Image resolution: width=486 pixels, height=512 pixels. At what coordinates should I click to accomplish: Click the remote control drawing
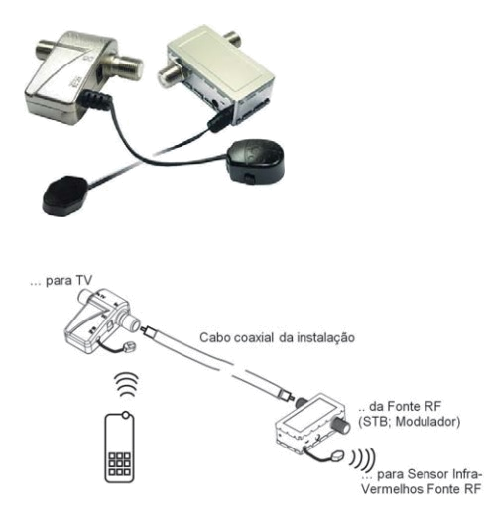[x=119, y=447]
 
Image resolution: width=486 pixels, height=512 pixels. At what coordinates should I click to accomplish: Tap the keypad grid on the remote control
[x=119, y=463]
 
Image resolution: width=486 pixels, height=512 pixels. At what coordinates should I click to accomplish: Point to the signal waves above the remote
[x=127, y=385]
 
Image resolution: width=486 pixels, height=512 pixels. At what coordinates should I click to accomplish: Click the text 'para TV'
[x=68, y=281]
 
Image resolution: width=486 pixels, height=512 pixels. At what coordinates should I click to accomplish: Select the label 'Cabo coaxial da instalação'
[x=277, y=337]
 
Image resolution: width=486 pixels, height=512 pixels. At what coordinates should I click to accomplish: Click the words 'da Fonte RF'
[x=405, y=406]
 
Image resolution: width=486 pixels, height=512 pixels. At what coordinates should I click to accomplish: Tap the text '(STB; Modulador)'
[x=410, y=422]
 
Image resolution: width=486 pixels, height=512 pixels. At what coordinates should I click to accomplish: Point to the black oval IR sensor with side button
[x=256, y=162]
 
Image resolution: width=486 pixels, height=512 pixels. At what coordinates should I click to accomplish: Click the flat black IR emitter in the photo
[x=65, y=195]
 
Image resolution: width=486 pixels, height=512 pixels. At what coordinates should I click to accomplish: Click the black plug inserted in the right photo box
[x=220, y=120]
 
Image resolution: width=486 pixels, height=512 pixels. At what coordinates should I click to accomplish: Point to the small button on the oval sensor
[x=250, y=179]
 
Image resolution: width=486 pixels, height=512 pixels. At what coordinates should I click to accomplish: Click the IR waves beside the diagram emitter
[x=363, y=459]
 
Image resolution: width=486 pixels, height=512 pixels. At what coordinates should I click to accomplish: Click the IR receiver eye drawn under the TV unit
[x=130, y=346]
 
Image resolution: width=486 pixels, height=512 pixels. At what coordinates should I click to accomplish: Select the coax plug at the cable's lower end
[x=287, y=395]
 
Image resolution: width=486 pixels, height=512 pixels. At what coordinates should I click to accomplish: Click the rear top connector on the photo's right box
[x=231, y=39]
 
